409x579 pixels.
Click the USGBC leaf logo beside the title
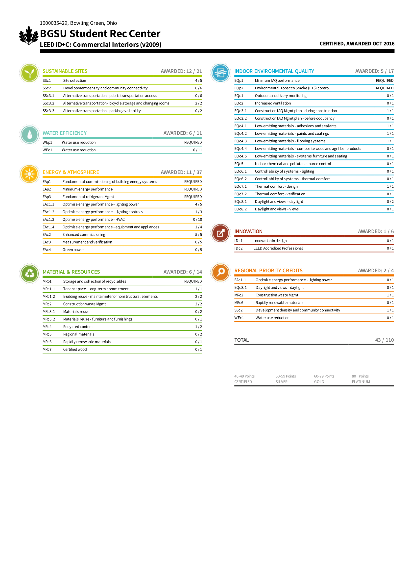pyautogui.click(x=29, y=36)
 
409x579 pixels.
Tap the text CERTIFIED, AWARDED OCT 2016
pyautogui.click(x=357, y=44)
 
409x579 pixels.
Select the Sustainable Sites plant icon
pyautogui.click(x=29, y=73)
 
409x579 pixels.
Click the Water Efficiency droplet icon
pyautogui.click(x=29, y=135)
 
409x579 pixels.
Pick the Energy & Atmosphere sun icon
pyautogui.click(x=29, y=174)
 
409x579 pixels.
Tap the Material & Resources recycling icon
pyautogui.click(x=29, y=274)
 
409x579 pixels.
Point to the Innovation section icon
pyautogui.click(x=220, y=233)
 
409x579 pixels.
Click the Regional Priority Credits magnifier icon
pyautogui.click(x=220, y=272)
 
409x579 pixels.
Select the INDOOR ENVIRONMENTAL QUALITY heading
pyautogui.click(x=274, y=71)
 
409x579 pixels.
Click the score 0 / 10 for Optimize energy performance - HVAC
pyautogui.click(x=197, y=219)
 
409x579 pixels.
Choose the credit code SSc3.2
pyautogui.click(x=48, y=103)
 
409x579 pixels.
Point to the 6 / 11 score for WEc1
pyautogui.click(x=197, y=150)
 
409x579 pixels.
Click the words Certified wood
pyautogui.click(x=75, y=349)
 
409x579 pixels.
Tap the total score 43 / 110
pyautogui.click(x=384, y=340)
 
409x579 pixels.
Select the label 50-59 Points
pyautogui.click(x=286, y=376)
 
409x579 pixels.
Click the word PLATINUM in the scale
pyautogui.click(x=361, y=381)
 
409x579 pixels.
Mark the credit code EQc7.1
pyautogui.click(x=241, y=186)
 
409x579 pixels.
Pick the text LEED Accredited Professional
pyautogui.click(x=278, y=248)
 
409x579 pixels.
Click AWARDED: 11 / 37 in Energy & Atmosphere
pyautogui.click(x=181, y=172)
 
